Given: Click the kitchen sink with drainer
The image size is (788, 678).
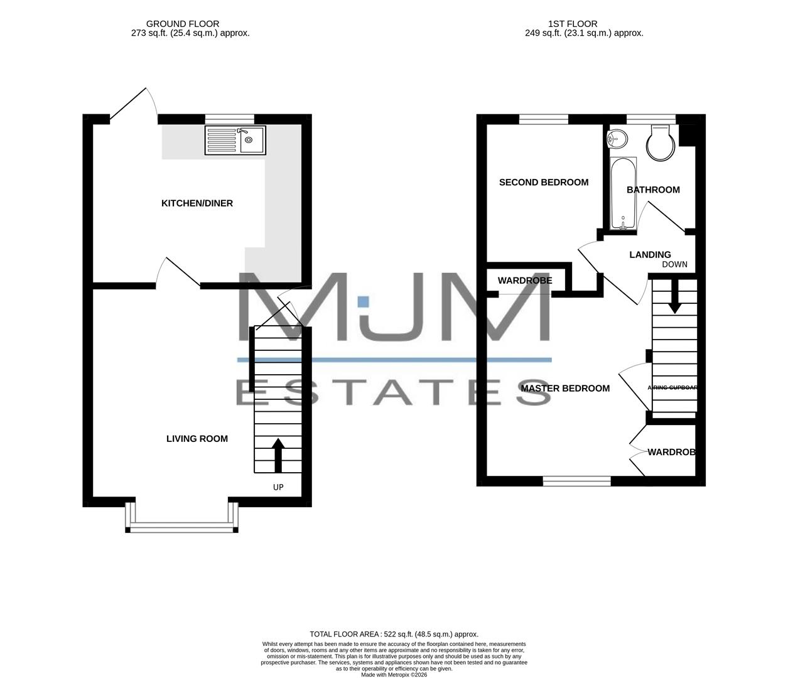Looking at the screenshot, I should (x=235, y=140).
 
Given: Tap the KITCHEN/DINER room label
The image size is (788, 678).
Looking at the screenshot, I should (x=197, y=203).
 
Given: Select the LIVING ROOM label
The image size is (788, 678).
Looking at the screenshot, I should (x=197, y=439).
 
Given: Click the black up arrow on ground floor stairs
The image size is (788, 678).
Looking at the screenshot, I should (x=278, y=455).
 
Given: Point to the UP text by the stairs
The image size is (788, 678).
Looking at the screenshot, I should (x=278, y=487).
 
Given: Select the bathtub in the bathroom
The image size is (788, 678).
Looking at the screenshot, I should (x=623, y=193).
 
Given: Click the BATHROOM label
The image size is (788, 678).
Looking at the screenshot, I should (x=653, y=190).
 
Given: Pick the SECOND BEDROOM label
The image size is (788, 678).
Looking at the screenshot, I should (x=544, y=183).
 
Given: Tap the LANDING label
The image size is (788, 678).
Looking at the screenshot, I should (x=650, y=255).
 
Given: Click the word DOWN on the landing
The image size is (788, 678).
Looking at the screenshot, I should (x=674, y=264).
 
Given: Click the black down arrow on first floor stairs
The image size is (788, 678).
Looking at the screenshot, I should (x=675, y=298).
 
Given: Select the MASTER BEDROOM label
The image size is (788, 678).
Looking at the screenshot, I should (x=565, y=389).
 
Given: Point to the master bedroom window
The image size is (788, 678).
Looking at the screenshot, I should (x=576, y=481).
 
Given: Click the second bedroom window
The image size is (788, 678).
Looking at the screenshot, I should (x=544, y=119).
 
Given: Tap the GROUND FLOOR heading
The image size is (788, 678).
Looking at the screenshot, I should (x=183, y=24).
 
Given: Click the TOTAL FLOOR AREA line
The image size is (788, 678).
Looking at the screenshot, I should (x=394, y=634).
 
